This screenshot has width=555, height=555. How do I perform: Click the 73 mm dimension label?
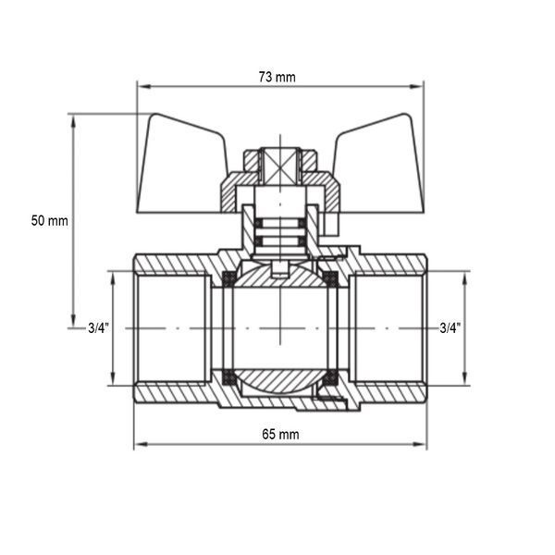[277, 77]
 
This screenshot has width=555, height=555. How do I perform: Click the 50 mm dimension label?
[50, 221]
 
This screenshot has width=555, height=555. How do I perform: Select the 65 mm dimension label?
[280, 435]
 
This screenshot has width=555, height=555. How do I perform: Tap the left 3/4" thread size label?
[98, 328]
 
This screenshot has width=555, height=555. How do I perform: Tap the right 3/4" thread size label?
[450, 328]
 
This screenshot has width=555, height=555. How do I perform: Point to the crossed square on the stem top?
[280, 166]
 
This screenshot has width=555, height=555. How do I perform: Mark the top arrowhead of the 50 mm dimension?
[73, 122]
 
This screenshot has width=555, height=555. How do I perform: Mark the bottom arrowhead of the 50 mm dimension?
[73, 320]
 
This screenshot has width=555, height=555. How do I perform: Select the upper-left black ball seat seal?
[228, 278]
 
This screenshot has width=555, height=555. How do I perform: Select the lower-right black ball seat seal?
[331, 377]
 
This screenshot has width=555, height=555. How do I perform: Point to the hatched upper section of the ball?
[279, 277]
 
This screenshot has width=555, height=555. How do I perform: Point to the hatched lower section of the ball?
[279, 380]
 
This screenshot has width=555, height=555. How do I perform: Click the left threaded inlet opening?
[173, 328]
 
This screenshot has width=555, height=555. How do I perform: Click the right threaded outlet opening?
[388, 328]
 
